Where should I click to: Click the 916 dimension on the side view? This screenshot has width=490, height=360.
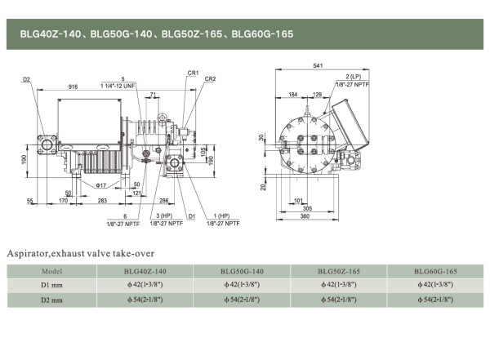click(x=73, y=86)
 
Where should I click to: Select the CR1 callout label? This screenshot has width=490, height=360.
click(x=193, y=73)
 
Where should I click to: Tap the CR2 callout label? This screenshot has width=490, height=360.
click(x=210, y=79)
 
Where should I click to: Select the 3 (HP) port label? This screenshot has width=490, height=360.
click(x=163, y=215)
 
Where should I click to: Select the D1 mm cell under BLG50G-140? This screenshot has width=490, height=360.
click(x=242, y=285)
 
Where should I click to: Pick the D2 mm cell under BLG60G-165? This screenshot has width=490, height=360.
click(x=434, y=300)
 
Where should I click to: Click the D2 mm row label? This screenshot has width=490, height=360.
click(x=52, y=300)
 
